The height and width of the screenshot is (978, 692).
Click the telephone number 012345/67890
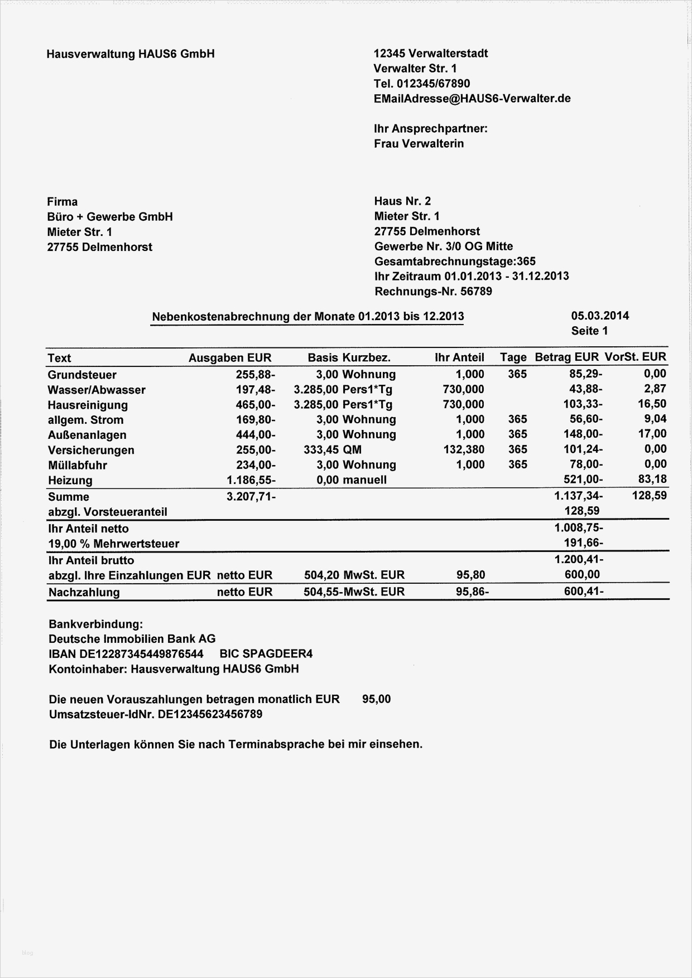(x=433, y=84)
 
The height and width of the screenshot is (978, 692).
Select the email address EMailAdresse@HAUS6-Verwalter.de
(x=472, y=99)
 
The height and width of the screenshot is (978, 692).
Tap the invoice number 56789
(x=475, y=291)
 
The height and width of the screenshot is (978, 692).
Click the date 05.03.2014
(x=600, y=316)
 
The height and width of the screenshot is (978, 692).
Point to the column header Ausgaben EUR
(x=230, y=358)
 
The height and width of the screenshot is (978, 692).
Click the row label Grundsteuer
(x=82, y=375)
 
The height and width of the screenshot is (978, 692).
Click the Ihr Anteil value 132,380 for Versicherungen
(x=463, y=449)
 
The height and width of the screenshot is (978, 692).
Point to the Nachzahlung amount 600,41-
(x=583, y=591)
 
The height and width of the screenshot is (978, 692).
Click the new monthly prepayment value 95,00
(x=376, y=699)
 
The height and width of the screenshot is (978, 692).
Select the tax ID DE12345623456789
(x=210, y=714)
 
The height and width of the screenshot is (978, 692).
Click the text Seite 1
(x=589, y=331)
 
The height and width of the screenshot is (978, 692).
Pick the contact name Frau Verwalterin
(x=419, y=143)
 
